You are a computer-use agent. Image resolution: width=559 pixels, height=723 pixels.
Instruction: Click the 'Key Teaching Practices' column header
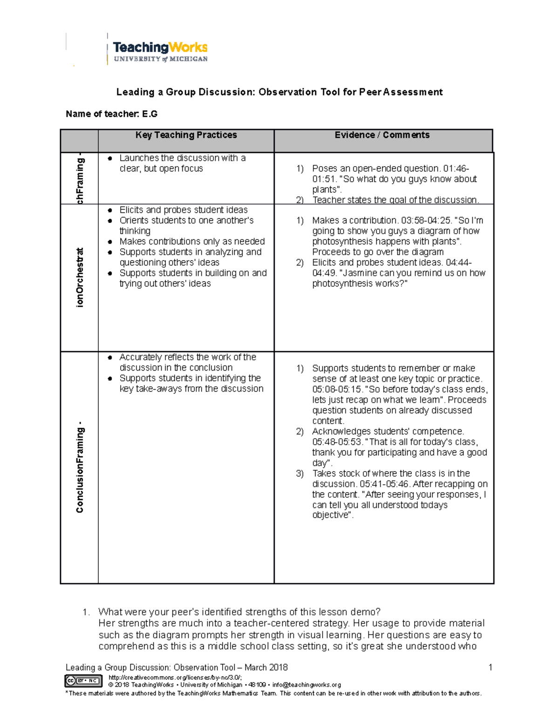click(x=186, y=135)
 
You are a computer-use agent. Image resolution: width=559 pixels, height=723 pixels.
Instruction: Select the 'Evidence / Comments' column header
click(x=382, y=135)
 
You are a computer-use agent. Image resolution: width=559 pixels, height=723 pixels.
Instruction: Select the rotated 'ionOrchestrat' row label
click(x=80, y=277)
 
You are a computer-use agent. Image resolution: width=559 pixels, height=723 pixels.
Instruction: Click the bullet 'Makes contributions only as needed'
click(x=192, y=242)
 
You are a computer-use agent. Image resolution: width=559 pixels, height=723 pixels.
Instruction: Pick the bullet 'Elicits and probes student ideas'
click(x=184, y=210)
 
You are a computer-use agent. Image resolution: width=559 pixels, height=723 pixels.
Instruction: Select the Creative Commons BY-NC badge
click(x=83, y=681)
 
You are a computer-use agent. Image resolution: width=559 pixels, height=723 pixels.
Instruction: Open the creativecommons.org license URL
click(x=175, y=678)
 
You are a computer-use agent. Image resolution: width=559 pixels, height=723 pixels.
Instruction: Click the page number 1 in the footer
click(x=490, y=668)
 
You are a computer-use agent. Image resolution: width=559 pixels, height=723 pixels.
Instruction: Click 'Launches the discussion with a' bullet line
click(x=182, y=158)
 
